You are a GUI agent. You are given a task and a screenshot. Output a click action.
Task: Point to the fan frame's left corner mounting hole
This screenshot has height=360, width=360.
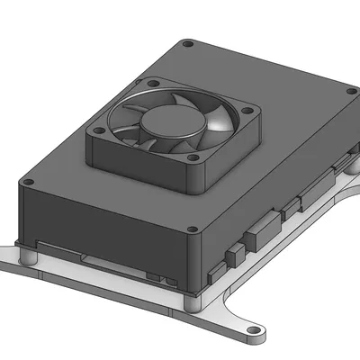tap(94, 128)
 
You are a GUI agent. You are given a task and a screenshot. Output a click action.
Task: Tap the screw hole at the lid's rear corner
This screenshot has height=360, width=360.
tap(185, 44)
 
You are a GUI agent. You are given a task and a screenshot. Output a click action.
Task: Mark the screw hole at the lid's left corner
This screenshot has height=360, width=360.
tap(27, 184)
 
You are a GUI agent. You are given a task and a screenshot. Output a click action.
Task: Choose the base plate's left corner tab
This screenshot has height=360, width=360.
tap(11, 264)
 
